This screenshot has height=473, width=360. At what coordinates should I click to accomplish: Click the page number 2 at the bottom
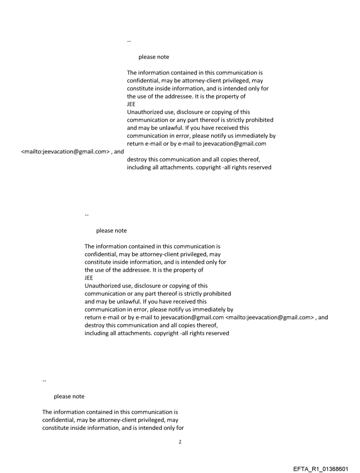click(180, 441)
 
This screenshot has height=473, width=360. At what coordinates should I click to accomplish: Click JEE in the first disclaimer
click(131, 104)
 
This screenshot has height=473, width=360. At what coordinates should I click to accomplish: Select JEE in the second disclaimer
click(89, 278)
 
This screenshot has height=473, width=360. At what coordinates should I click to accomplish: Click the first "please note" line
click(154, 57)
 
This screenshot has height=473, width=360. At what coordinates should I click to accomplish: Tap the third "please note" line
click(69, 396)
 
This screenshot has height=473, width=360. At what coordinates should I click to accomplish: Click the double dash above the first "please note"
click(129, 41)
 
